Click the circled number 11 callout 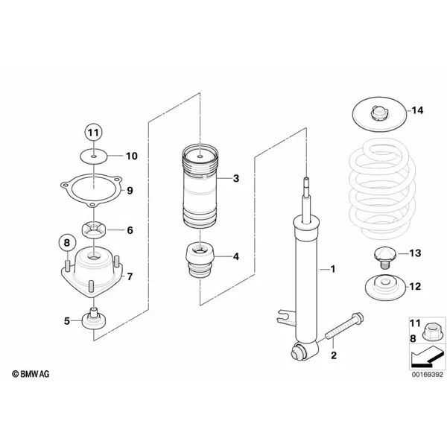pos(94,133)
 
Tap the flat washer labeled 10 pos(94,156)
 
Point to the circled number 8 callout pos(67,243)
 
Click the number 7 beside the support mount pos(130,276)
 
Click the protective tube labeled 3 pos(200,187)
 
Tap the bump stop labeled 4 pos(200,260)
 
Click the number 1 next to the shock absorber pos(333,269)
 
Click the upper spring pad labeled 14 pos(379,114)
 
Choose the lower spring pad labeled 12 pos(385,287)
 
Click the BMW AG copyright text pos(31,374)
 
